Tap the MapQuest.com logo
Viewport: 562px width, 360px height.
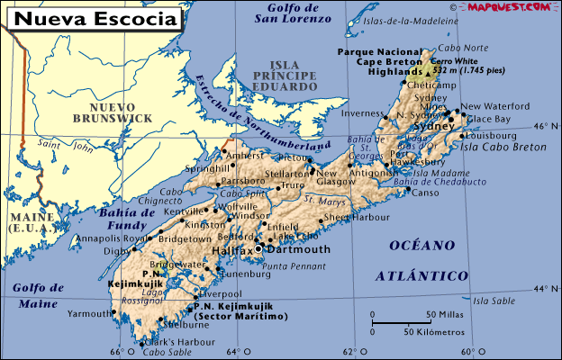pyautogui.click(x=508, y=7)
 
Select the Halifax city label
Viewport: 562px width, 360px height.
pyautogui.click(x=233, y=249)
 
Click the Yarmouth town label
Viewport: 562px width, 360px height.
pyautogui.click(x=88, y=315)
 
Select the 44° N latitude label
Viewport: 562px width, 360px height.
pyautogui.click(x=545, y=288)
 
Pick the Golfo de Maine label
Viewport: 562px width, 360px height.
pyautogui.click(x=38, y=295)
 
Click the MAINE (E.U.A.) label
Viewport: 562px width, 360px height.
pyautogui.click(x=26, y=223)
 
